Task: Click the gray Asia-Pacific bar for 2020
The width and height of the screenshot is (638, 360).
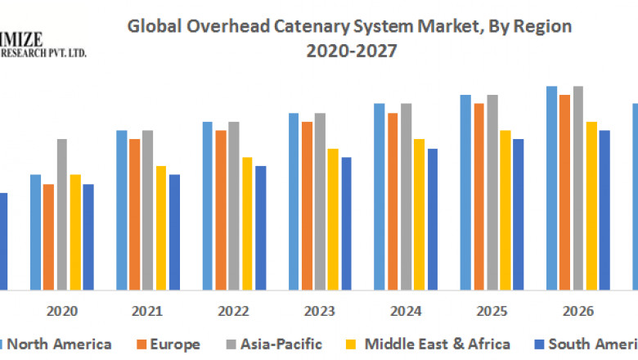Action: pyautogui.click(x=61, y=214)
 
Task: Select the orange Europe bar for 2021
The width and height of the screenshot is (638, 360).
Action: pyautogui.click(x=134, y=214)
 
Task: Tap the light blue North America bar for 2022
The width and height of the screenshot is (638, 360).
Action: pyautogui.click(x=208, y=205)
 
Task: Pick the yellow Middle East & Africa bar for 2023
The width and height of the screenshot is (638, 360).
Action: pyautogui.click(x=332, y=219)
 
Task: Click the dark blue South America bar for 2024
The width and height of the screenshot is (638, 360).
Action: pyautogui.click(x=432, y=219)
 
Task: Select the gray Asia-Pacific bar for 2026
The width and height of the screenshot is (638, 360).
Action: pyautogui.click(x=577, y=188)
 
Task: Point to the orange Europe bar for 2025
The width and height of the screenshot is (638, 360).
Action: pyautogui.click(x=478, y=196)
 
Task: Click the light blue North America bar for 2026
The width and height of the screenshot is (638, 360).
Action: pyautogui.click(x=551, y=188)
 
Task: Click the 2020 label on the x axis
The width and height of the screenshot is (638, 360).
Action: pyautogui.click(x=62, y=312)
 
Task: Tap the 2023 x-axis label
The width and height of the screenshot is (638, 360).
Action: pyautogui.click(x=320, y=312)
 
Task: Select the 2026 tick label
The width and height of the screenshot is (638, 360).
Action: pyautogui.click(x=577, y=312)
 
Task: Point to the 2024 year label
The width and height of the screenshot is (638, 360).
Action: pyautogui.click(x=406, y=312)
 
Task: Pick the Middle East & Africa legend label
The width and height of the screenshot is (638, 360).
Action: pyautogui.click(x=437, y=344)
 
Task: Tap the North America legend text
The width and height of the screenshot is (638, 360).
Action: pyautogui.click(x=59, y=344)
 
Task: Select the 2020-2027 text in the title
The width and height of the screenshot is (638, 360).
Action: pyautogui.click(x=349, y=51)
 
